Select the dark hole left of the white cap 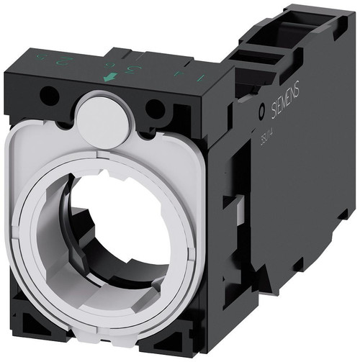50,94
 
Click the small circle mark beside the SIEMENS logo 261,113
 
